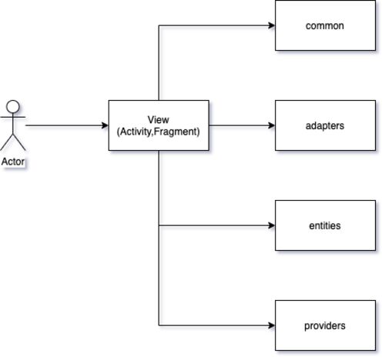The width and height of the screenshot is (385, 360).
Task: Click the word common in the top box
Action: pos(325,26)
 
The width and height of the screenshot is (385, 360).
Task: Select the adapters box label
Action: pos(325,126)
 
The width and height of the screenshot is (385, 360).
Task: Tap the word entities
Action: pos(325,225)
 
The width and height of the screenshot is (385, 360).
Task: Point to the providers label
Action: pos(325,326)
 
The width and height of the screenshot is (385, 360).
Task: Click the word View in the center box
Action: pos(159,119)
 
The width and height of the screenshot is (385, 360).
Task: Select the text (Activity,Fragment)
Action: pos(159,132)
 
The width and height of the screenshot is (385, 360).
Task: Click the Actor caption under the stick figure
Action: pos(13,162)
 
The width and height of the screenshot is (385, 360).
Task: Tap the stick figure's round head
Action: pos(13,106)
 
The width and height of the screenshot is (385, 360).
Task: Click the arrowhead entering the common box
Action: pos(271,25)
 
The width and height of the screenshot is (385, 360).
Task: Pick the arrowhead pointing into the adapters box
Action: pos(271,125)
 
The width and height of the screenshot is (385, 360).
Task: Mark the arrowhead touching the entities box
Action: pos(271,225)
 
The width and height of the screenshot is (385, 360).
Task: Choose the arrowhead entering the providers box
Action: pos(271,325)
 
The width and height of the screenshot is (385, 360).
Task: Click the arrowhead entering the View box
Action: pos(105,125)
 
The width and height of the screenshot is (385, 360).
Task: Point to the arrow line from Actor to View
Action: pos(67,125)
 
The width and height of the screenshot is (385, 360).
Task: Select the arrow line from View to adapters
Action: pos(242,125)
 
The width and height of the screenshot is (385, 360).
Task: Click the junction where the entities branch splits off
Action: pos(159,225)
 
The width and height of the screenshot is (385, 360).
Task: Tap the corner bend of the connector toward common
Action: pos(159,25)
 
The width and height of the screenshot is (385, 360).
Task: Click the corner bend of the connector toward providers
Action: pos(159,325)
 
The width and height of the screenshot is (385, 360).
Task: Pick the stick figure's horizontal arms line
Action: pos(13,117)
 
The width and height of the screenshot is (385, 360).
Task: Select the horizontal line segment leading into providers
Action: pos(217,325)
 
